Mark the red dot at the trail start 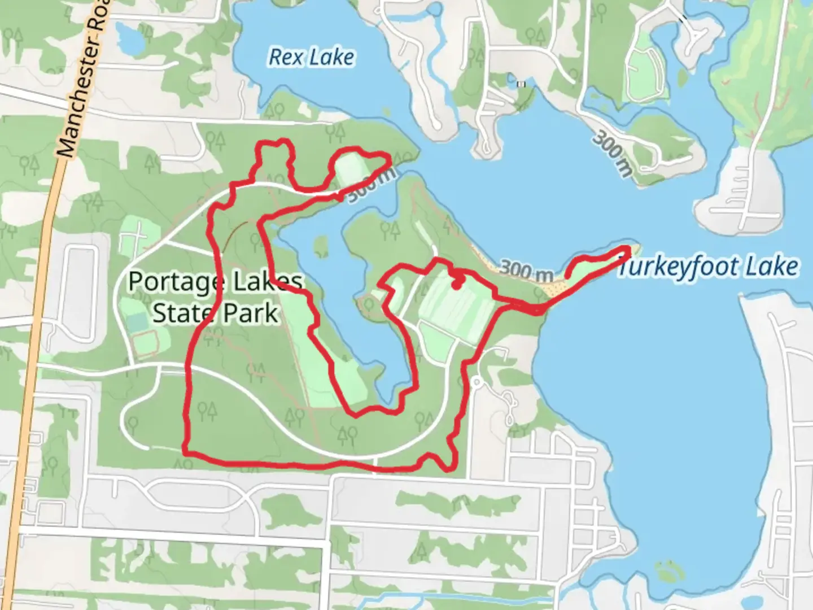tap(456, 285)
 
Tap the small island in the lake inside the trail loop tap(321, 246)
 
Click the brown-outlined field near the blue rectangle tap(146, 343)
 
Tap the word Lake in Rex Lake tap(335, 56)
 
